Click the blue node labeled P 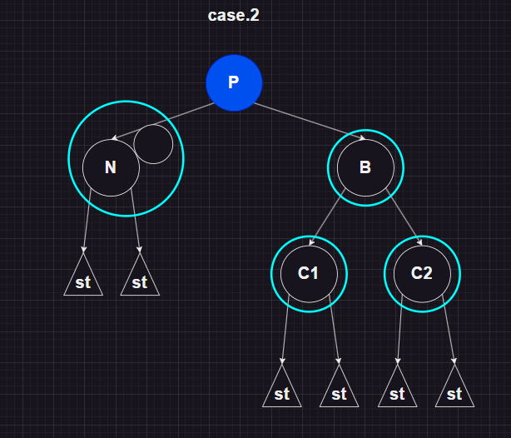234,82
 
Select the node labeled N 111,167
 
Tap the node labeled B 365,167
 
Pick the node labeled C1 309,273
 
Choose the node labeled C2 422,273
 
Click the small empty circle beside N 153,144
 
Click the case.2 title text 234,16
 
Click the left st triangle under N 83,281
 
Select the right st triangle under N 140,281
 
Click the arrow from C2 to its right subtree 449,333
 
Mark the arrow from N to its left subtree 87,221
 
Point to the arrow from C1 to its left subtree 285,333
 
